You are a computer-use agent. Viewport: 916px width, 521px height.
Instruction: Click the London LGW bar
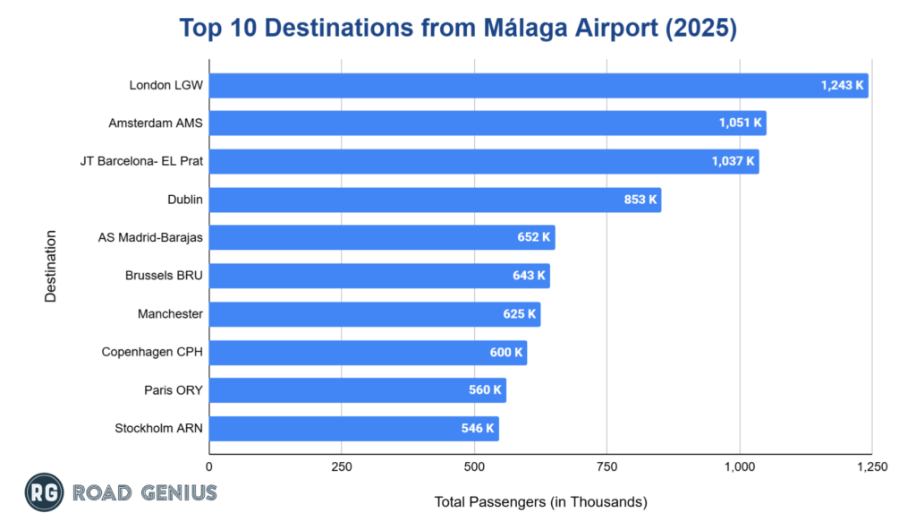click(x=539, y=86)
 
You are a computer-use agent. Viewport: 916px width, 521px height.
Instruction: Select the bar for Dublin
click(x=435, y=200)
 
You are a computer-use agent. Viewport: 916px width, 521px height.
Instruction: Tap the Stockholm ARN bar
click(x=353, y=429)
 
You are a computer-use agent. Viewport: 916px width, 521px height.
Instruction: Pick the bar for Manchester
click(x=375, y=314)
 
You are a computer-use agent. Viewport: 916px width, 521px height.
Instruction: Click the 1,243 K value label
click(x=842, y=86)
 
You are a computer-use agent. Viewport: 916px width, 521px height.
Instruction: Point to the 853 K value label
click(x=640, y=200)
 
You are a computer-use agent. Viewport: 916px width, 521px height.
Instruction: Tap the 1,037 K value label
click(x=733, y=162)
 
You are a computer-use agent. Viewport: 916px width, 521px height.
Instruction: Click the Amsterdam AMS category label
click(x=156, y=124)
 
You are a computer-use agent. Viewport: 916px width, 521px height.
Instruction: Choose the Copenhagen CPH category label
click(x=152, y=352)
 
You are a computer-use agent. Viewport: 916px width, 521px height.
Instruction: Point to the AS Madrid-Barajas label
click(x=150, y=238)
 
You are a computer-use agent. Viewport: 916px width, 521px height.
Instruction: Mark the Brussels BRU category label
click(x=164, y=276)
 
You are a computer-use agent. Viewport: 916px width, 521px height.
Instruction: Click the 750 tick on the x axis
click(x=606, y=466)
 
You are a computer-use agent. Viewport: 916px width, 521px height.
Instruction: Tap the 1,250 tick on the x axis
click(x=870, y=466)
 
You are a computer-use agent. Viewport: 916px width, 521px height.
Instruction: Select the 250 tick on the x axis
click(x=342, y=466)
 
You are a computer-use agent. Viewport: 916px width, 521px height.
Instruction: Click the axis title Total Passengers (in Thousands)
click(x=540, y=501)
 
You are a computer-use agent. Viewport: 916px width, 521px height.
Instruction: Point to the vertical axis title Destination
click(x=51, y=267)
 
